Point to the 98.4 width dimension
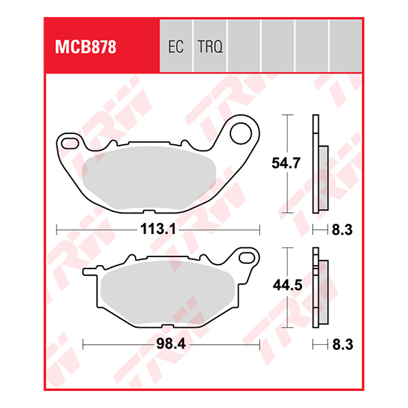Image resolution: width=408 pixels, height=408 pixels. coord(172,345)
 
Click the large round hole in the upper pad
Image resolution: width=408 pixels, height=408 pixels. coord(241,133)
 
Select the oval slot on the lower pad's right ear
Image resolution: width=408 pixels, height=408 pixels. coord(247,258)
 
